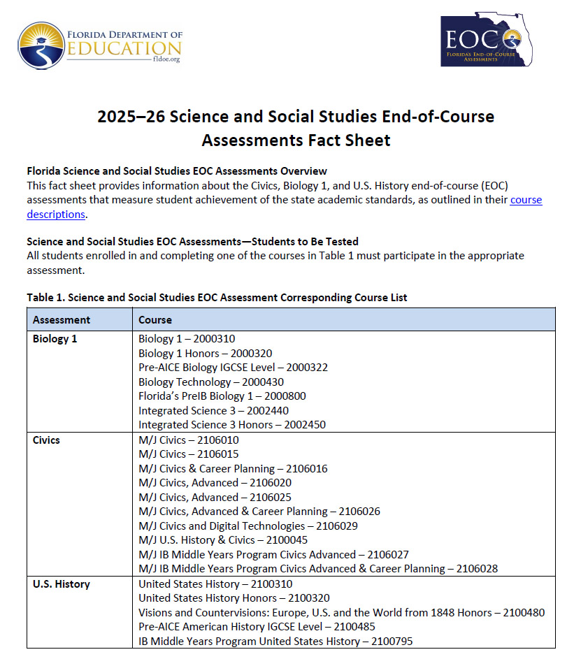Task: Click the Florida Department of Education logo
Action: pyautogui.click(x=100, y=45)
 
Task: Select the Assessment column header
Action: pyautogui.click(x=62, y=319)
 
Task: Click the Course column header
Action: pyautogui.click(x=155, y=319)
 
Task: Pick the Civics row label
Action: pyautogui.click(x=47, y=440)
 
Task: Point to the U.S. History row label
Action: pyautogui.click(x=62, y=584)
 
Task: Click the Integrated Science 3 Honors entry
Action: pyautogui.click(x=231, y=424)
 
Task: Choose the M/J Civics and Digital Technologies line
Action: pyautogui.click(x=248, y=526)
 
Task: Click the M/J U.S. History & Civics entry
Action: pyautogui.click(x=223, y=539)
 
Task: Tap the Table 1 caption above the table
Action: pyautogui.click(x=217, y=297)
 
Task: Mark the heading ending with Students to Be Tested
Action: pyautogui.click(x=192, y=241)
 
